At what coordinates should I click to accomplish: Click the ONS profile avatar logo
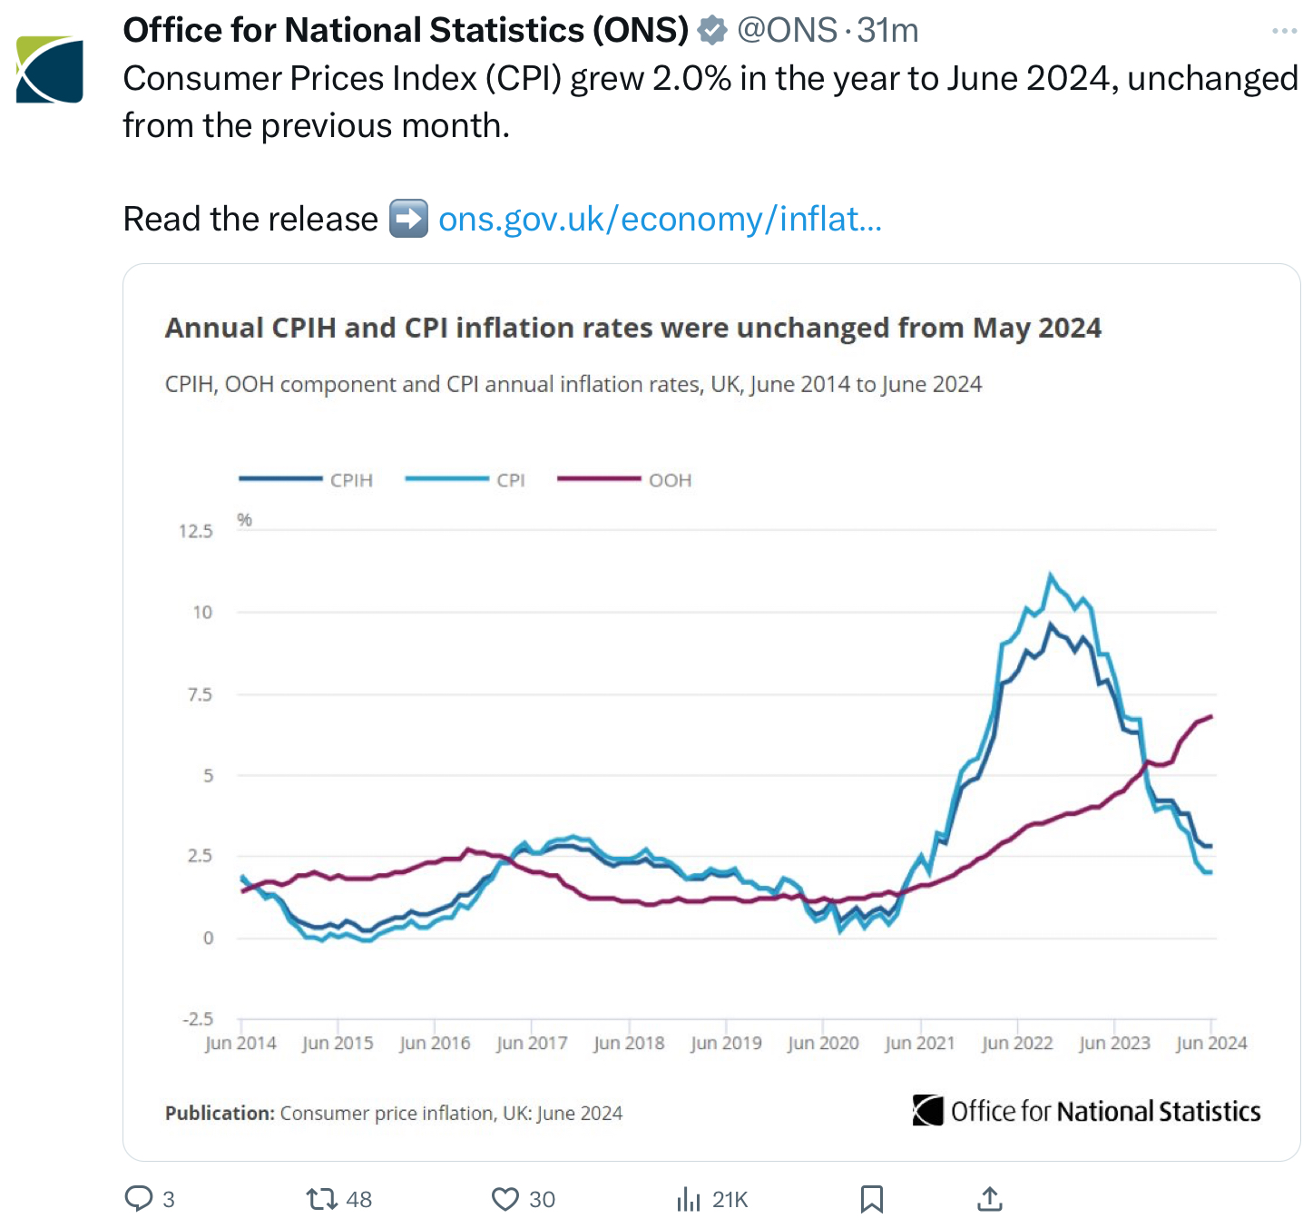point(50,69)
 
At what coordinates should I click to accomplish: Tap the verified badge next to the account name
point(712,31)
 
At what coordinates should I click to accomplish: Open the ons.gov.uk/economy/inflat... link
point(660,219)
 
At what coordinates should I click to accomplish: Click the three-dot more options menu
point(1284,31)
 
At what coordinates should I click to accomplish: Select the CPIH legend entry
point(351,480)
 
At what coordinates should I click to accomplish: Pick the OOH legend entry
point(670,480)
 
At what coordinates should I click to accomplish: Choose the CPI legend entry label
point(511,480)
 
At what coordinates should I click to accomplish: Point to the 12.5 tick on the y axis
point(195,531)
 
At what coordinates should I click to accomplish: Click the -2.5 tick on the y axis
point(197,1018)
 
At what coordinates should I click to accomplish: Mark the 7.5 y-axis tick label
point(200,694)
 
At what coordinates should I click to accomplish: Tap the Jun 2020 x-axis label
point(823,1043)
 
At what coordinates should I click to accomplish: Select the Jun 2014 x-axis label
point(240,1043)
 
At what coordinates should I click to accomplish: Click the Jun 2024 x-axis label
point(1211,1043)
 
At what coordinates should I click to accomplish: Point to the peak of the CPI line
point(1051,575)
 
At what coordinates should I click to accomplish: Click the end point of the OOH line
point(1211,716)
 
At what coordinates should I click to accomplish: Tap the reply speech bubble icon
point(139,1199)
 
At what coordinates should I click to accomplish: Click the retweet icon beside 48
point(322,1199)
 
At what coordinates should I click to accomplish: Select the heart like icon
point(505,1199)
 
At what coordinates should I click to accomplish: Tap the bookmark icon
point(871,1199)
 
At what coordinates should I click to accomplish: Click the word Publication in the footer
point(219,1113)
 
